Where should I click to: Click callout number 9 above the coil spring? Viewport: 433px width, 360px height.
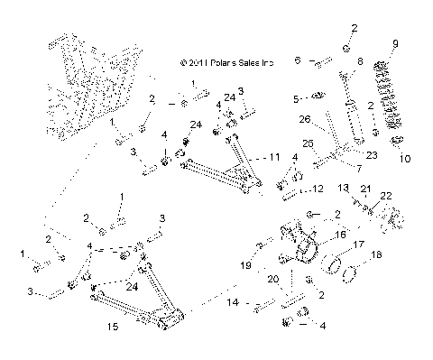pyautogui.click(x=394, y=43)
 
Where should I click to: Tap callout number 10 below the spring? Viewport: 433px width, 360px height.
pyautogui.click(x=403, y=159)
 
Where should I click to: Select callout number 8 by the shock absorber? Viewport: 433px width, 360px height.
pyautogui.click(x=359, y=61)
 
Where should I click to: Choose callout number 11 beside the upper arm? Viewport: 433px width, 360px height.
pyautogui.click(x=273, y=156)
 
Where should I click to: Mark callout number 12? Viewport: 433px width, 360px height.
pyautogui.click(x=317, y=189)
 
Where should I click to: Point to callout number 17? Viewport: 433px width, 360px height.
pyautogui.click(x=358, y=244)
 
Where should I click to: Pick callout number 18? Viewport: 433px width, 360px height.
pyautogui.click(x=377, y=256)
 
